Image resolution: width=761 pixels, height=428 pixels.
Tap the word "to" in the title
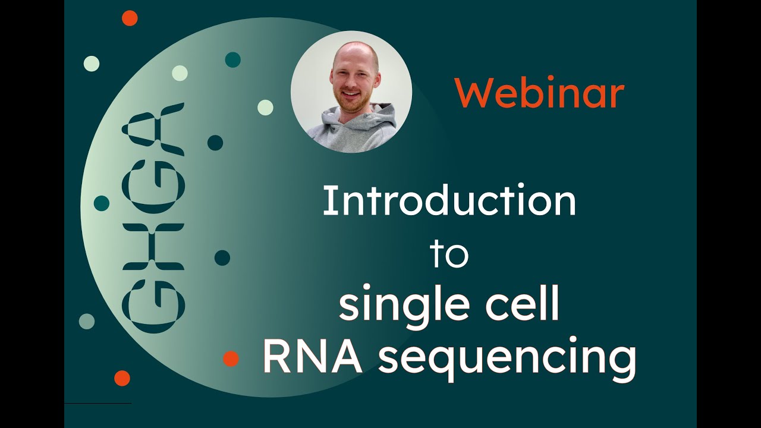(449, 254)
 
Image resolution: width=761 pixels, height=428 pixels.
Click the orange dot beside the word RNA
(231, 358)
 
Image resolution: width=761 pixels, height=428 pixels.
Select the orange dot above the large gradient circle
(130, 18)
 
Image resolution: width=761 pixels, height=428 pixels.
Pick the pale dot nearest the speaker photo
(265, 108)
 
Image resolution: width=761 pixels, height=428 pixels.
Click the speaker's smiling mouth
(350, 93)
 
